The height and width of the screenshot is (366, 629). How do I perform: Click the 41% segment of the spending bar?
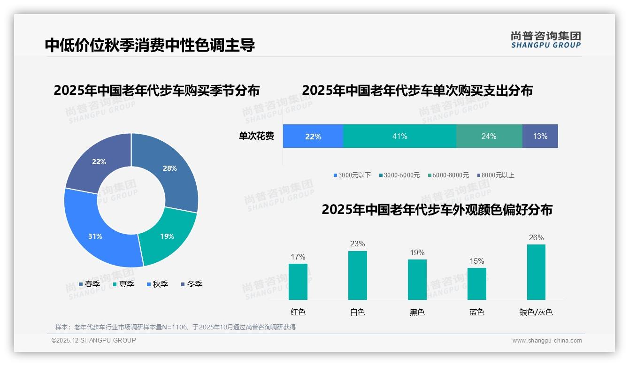tap(399, 136)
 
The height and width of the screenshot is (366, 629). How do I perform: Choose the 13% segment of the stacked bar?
tap(540, 136)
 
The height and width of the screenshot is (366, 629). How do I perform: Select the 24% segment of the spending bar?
tap(489, 136)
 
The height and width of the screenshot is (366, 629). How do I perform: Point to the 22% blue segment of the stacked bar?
tap(313, 136)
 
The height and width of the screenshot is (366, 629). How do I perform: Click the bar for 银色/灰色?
tap(536, 272)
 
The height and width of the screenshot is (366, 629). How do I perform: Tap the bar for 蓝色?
tap(476, 284)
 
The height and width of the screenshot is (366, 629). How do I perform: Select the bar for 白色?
tap(357, 275)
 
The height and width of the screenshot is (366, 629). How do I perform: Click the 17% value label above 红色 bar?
tap(298, 257)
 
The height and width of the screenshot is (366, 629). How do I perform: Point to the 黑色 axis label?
tap(417, 312)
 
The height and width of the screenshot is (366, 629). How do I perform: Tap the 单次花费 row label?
tap(256, 136)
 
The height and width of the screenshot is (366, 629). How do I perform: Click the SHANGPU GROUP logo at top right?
tap(545, 40)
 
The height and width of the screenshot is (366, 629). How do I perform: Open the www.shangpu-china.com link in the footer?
tap(547, 340)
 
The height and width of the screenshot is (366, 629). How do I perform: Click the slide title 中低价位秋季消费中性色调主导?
tap(150, 46)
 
